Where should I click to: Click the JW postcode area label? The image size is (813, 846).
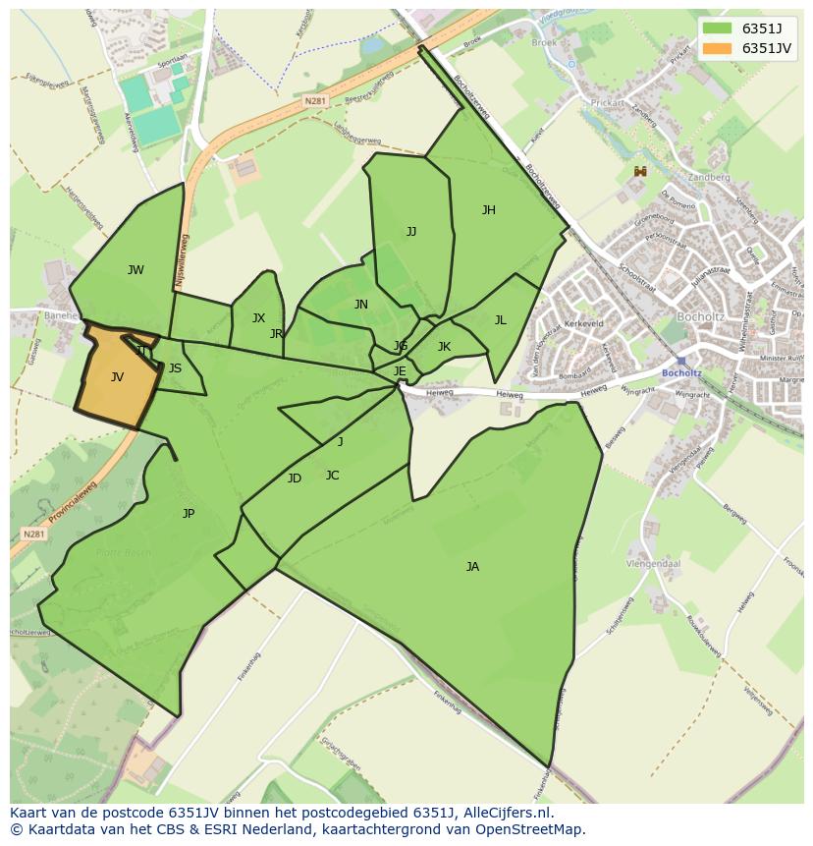[135, 270]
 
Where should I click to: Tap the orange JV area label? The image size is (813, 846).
[117, 376]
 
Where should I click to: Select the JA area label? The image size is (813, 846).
[472, 566]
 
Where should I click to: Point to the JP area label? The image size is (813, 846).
[189, 513]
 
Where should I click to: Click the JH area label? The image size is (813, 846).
[488, 209]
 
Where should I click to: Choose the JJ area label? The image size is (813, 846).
[411, 232]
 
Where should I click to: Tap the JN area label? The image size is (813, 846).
[361, 305]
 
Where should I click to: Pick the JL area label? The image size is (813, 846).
[500, 319]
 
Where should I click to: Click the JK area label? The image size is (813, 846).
[444, 346]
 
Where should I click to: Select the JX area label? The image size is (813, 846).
[258, 317]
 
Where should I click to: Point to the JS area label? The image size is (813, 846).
[175, 368]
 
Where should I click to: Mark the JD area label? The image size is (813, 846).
[295, 479]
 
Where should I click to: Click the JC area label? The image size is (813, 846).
[332, 476]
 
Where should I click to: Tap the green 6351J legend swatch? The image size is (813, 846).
[718, 28]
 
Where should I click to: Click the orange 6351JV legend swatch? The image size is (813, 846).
[718, 48]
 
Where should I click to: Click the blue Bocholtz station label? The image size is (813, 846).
[681, 373]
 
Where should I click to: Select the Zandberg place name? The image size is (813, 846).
[711, 178]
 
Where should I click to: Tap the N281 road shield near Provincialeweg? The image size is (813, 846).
[33, 534]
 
